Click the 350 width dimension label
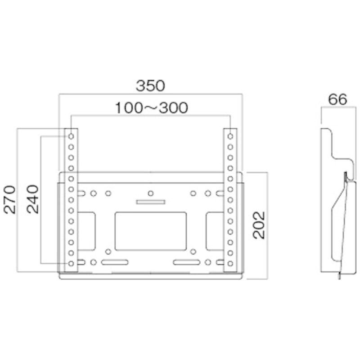click(x=150, y=85)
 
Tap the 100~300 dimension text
click(x=152, y=108)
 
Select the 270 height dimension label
click(x=10, y=199)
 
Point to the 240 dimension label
click(x=32, y=199)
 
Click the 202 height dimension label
click(x=259, y=225)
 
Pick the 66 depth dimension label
click(x=337, y=99)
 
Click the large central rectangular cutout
click(x=151, y=231)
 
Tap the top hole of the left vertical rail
click(x=71, y=136)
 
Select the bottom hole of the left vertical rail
click(x=71, y=264)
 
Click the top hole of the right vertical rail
click(x=230, y=136)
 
